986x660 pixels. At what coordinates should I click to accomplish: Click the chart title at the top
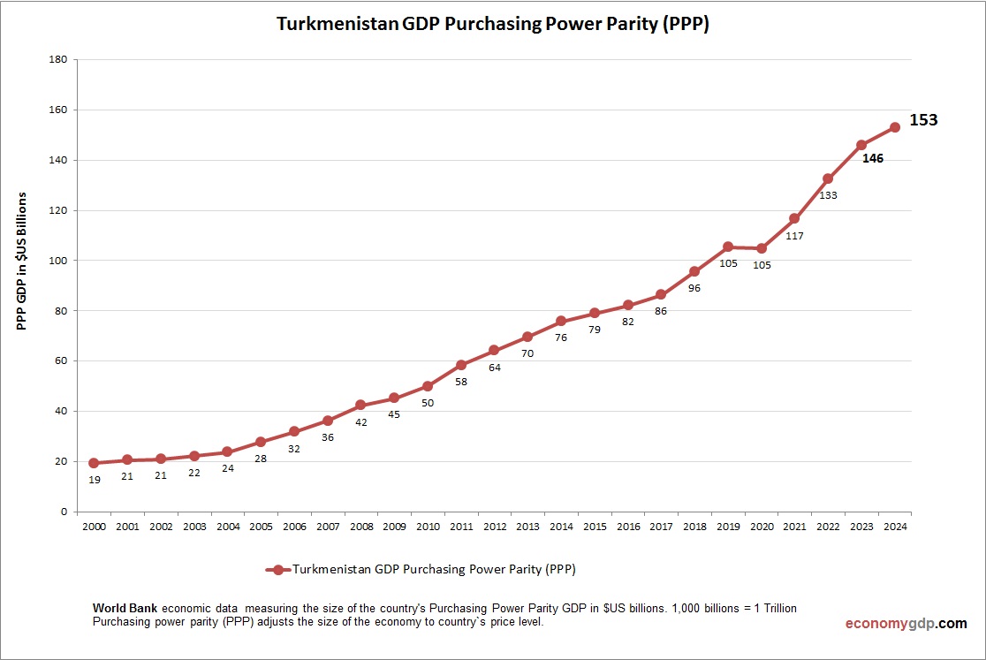493,25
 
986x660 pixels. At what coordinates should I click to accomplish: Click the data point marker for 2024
894,127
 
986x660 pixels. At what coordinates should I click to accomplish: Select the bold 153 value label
923,120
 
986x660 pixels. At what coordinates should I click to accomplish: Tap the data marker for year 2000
94,463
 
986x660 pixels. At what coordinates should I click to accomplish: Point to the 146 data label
872,159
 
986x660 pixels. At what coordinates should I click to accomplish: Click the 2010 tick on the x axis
428,527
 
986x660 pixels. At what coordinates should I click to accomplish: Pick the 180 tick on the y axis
59,60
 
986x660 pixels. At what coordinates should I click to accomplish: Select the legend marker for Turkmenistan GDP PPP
277,570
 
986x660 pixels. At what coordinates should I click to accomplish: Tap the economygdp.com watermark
906,623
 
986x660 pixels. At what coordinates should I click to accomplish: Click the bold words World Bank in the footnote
125,610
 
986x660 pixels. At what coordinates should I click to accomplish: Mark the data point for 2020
761,248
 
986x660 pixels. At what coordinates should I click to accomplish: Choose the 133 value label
828,195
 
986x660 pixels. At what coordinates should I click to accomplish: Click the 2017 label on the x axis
661,527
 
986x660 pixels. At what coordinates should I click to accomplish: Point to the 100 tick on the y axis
59,261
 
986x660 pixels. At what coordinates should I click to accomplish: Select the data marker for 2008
360,405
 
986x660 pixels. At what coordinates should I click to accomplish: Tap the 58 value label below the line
461,382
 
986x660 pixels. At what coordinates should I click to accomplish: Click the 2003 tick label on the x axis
193,527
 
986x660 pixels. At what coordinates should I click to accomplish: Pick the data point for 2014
561,321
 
